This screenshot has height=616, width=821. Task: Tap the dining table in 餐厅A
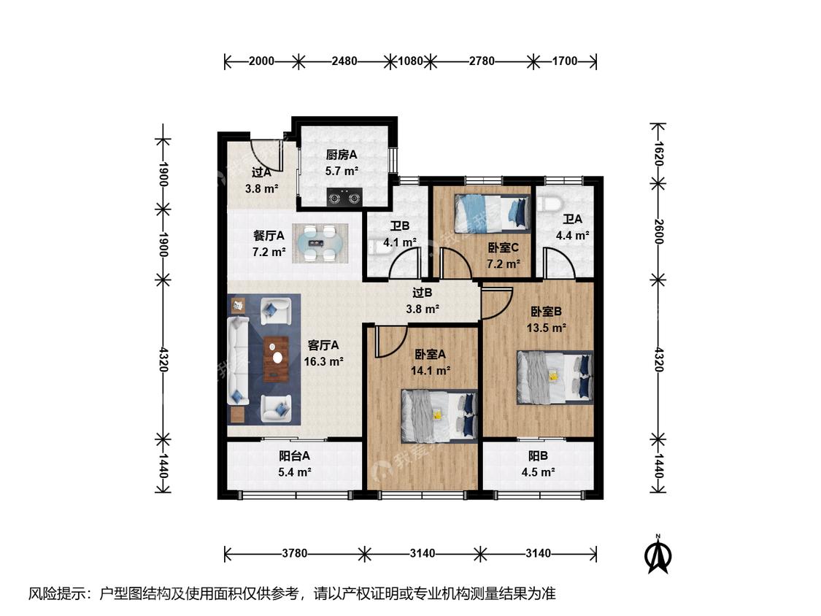coord(320,244)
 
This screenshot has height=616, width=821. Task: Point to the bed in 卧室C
coord(492,213)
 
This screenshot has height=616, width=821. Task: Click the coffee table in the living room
coord(277,359)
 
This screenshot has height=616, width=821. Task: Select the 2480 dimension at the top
coord(344,61)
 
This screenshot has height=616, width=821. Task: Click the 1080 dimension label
coord(410,61)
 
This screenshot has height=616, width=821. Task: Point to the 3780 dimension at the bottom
coord(294,554)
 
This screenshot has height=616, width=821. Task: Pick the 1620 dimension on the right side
coord(659,153)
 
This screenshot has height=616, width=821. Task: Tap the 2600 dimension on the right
coord(659,231)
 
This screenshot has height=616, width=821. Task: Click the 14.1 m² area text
coord(431,371)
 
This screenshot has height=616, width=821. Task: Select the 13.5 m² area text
coord(546,328)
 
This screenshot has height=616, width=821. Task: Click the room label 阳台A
coord(294,456)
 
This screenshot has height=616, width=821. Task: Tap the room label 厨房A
coord(342,155)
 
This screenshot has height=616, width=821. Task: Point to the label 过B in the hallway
coord(422,293)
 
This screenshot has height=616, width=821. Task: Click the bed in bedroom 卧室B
coord(555,377)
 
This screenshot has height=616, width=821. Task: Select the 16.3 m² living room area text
coord(323,361)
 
